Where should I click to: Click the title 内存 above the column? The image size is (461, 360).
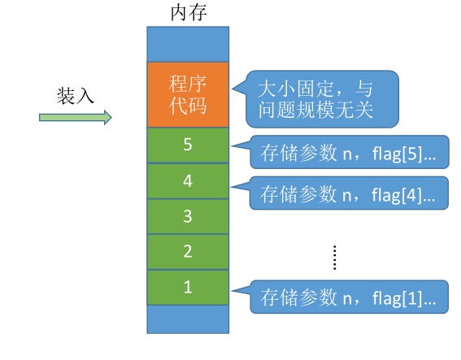click(187, 12)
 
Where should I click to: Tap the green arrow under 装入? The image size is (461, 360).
click(75, 118)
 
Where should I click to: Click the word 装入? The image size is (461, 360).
click(76, 95)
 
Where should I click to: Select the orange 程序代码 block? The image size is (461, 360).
click(188, 94)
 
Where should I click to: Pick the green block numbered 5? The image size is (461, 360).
click(188, 145)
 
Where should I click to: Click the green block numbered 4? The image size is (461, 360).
click(188, 180)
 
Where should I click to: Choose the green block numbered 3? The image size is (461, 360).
click(188, 216)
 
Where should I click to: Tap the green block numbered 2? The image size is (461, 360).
click(188, 251)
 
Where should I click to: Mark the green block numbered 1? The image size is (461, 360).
click(188, 287)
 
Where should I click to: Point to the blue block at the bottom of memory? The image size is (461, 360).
click(188, 319)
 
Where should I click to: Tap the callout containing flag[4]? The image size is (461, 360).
click(348, 193)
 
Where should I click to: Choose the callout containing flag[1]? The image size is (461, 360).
click(348, 297)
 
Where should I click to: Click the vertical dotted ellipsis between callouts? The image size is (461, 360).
click(334, 257)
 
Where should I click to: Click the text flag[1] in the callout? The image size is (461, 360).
click(398, 297)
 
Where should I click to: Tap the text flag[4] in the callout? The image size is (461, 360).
click(398, 193)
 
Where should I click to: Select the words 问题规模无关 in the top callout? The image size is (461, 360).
click(315, 109)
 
